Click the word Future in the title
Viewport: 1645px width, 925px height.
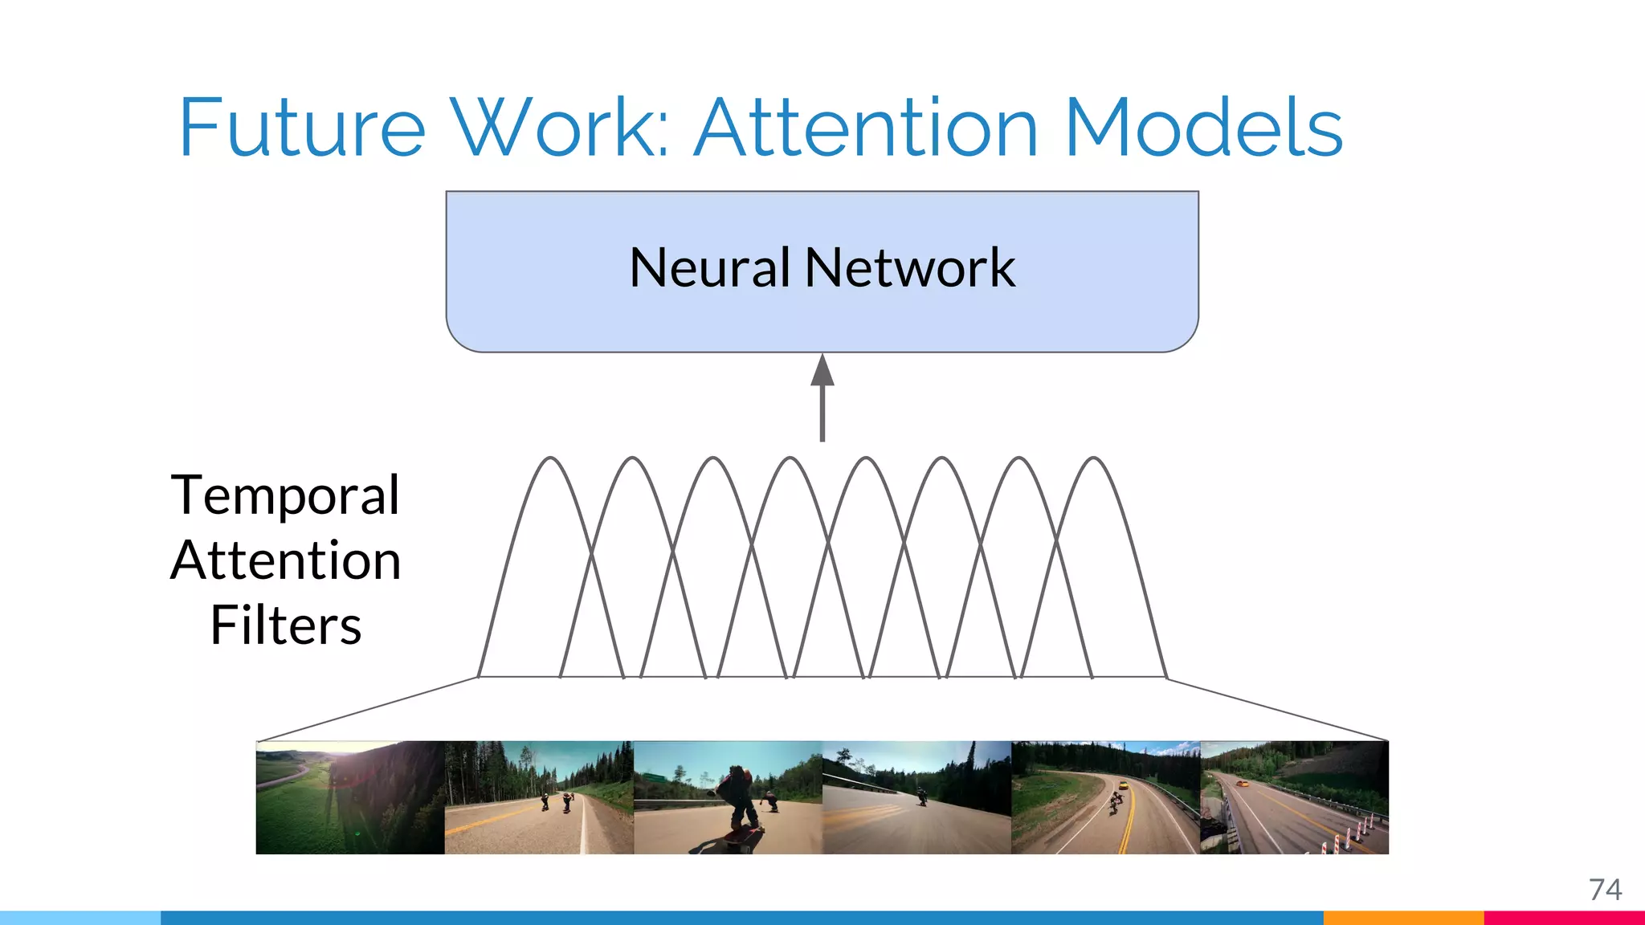301,128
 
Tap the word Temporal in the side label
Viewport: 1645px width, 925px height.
285,495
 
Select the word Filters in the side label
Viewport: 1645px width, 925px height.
285,625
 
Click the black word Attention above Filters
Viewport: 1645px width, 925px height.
285,560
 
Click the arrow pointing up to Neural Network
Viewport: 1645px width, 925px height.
822,397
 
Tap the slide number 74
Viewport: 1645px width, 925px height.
1605,890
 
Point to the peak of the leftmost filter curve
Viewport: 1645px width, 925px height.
551,458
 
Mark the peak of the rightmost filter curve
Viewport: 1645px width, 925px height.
1094,458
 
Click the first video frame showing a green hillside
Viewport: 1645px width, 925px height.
350,797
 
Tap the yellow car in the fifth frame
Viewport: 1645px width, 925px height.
1125,784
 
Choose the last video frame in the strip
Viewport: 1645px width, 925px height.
1294,797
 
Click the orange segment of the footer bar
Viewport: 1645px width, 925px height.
1403,918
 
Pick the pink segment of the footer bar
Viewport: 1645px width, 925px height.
1564,918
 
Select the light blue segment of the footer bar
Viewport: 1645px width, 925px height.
80,918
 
